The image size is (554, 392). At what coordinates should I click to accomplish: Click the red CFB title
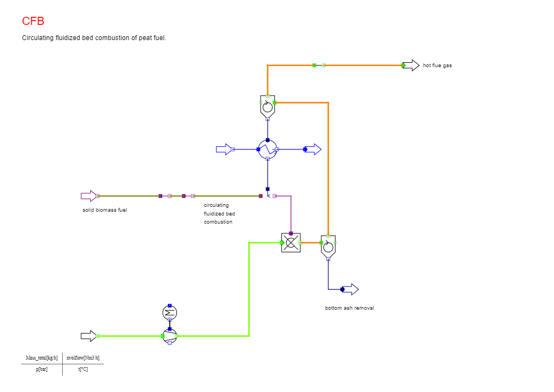click(33, 21)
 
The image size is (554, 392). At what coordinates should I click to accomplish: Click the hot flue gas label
click(437, 66)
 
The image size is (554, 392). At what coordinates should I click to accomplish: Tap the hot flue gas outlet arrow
click(411, 66)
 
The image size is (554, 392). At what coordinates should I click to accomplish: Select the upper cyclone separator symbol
click(267, 107)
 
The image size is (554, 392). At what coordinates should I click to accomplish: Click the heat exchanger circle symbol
click(268, 149)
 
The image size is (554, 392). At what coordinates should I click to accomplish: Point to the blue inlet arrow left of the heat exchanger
click(223, 149)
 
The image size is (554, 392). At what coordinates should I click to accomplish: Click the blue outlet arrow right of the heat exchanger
click(313, 149)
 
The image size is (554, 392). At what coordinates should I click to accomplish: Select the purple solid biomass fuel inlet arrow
click(89, 196)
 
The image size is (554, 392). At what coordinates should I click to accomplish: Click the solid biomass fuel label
click(104, 210)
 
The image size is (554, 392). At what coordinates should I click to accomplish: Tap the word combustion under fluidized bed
click(218, 222)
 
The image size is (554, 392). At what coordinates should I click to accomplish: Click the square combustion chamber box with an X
click(291, 243)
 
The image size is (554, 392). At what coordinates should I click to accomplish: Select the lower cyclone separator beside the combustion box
click(328, 246)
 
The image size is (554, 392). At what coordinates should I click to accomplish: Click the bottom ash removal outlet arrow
click(351, 289)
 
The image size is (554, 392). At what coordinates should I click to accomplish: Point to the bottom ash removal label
click(349, 308)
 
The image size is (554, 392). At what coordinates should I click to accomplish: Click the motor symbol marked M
click(170, 313)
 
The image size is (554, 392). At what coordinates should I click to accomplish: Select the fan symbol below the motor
click(170, 336)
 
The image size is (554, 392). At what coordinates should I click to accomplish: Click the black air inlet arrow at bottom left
click(89, 336)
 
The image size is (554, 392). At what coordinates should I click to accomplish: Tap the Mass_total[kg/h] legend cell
click(42, 358)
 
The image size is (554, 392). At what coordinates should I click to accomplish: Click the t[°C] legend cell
click(83, 369)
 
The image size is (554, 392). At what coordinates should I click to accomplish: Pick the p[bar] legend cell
click(42, 369)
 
